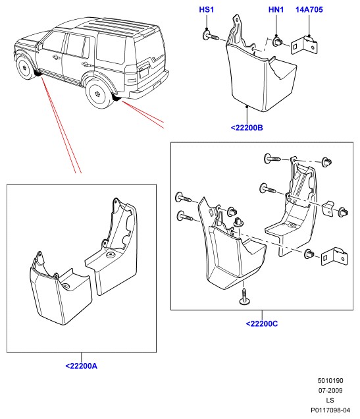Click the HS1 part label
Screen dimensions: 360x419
click(x=206, y=10)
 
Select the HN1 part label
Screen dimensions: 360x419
click(x=276, y=10)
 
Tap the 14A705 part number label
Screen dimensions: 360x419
click(x=309, y=10)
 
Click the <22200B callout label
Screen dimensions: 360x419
click(x=247, y=128)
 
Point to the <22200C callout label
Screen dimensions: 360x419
click(x=262, y=324)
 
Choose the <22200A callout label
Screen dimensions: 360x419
click(x=82, y=366)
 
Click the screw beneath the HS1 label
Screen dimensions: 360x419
click(x=211, y=36)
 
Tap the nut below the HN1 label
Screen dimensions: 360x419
click(x=277, y=42)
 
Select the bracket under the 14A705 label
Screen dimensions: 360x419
click(x=304, y=45)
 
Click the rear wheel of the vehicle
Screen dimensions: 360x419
click(x=99, y=94)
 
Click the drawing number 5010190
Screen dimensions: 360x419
click(x=330, y=381)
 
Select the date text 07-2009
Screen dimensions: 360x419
click(x=330, y=391)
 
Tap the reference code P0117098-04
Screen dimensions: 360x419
click(x=330, y=410)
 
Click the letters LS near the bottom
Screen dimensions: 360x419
click(x=330, y=401)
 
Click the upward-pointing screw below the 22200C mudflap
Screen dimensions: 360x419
click(x=244, y=296)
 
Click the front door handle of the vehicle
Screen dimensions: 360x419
click(x=55, y=57)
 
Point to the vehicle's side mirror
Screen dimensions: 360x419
click(x=40, y=46)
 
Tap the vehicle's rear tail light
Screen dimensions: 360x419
click(x=130, y=75)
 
